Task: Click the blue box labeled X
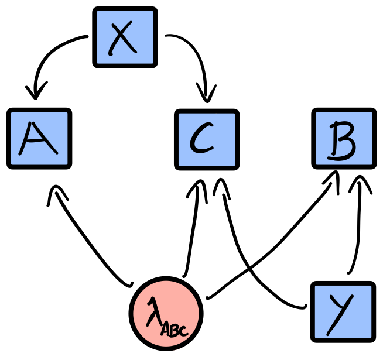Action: pyautogui.click(x=125, y=37)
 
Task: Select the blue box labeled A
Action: pyautogui.click(x=39, y=139)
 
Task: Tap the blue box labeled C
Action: pyautogui.click(x=207, y=139)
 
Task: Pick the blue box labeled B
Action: pyautogui.click(x=343, y=139)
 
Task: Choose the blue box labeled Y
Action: pyautogui.click(x=343, y=311)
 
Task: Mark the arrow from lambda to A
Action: pyautogui.click(x=88, y=240)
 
